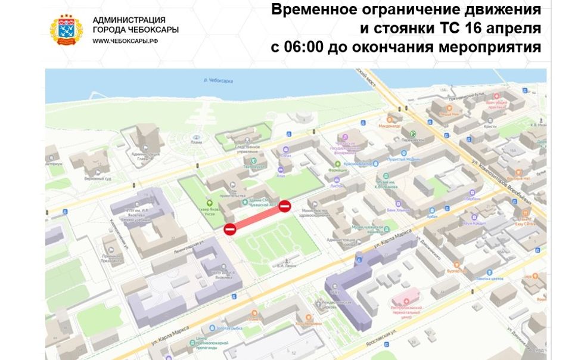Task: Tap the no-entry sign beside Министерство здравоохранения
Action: tap(285, 206)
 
